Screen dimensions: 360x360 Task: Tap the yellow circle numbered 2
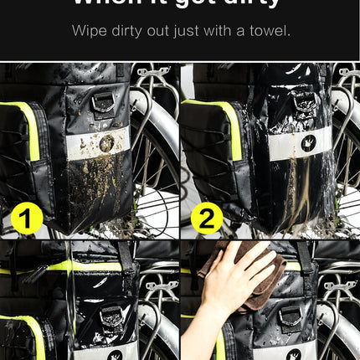tap(206, 219)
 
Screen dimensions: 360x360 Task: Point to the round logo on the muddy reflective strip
tap(106, 143)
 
